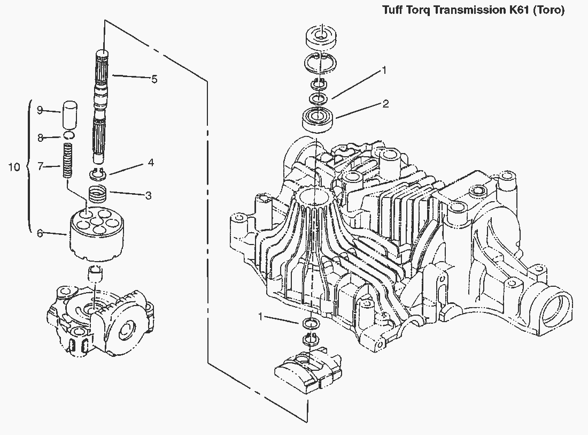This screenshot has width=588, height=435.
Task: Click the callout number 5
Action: pos(154,79)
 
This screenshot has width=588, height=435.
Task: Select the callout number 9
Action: pos(40,110)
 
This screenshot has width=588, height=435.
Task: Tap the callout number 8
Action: pos(40,138)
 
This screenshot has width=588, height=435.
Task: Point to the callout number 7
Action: pos(40,166)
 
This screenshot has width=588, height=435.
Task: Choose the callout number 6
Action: pos(40,233)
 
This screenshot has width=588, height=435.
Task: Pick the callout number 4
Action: pos(151,162)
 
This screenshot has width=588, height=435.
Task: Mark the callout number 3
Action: pos(148,195)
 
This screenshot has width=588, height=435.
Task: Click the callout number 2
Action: pos(385,104)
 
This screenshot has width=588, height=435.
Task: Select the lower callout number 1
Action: pos(261,317)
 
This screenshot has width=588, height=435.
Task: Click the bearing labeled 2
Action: pos(319,118)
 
